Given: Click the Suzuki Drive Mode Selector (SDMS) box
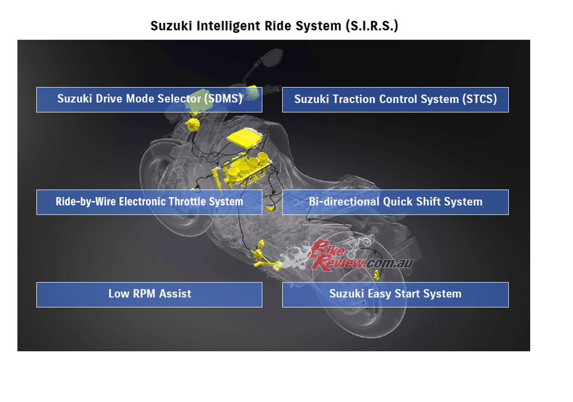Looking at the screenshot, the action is [x=149, y=100].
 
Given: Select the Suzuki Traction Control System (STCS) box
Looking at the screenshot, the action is [x=395, y=100].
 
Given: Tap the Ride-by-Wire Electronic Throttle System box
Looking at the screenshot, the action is [x=149, y=202].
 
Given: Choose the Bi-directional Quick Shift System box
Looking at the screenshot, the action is [x=395, y=202].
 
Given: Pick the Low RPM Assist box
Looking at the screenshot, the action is [x=149, y=295].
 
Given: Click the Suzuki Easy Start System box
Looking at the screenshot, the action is [x=395, y=295].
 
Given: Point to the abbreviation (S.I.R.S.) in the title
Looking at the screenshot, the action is [x=372, y=26].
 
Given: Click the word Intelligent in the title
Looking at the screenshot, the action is [x=229, y=26].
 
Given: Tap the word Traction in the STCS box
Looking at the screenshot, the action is [x=354, y=99].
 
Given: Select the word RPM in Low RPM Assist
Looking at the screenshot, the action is [x=144, y=294].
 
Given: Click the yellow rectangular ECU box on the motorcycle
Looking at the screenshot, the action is [x=244, y=138].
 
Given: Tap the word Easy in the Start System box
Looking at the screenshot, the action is [x=379, y=294].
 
